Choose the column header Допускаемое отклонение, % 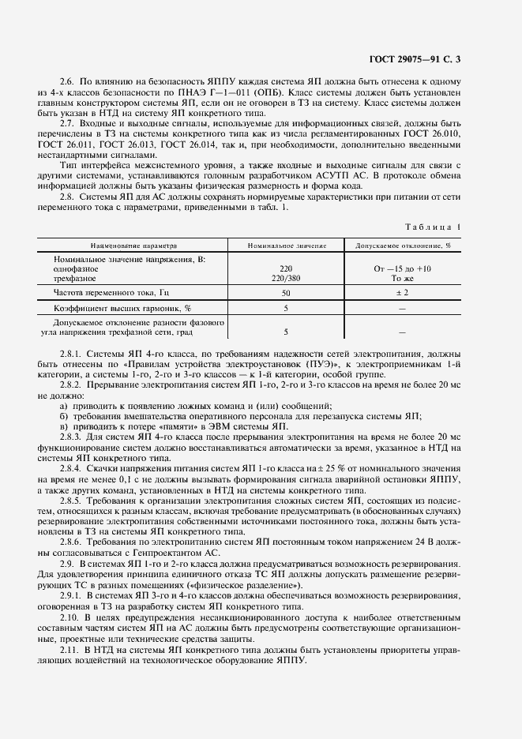click(x=403, y=246)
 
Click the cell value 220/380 click(x=285, y=278)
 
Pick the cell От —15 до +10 click(x=403, y=268)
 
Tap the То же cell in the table click(x=403, y=278)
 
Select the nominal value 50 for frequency click(x=285, y=292)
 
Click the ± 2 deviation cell click(x=403, y=292)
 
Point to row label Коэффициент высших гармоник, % click(x=122, y=308)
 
